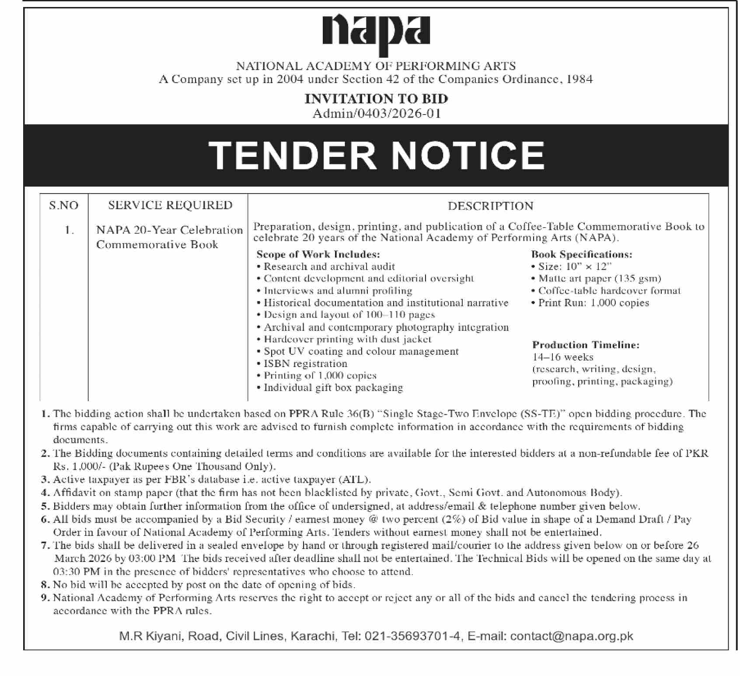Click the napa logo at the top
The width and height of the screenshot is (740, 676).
(x=376, y=33)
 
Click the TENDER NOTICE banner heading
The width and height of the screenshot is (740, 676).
(x=376, y=156)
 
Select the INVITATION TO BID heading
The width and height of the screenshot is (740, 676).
(x=376, y=99)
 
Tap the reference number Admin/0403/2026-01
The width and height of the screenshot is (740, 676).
(x=376, y=114)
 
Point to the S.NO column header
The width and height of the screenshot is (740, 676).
(x=64, y=205)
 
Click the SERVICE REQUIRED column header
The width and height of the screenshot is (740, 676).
(x=170, y=205)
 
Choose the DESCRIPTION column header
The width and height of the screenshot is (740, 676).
(x=490, y=206)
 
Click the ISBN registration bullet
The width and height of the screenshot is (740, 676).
(x=305, y=364)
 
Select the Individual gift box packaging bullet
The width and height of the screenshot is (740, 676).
(x=333, y=388)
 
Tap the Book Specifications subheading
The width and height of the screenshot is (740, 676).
(x=582, y=254)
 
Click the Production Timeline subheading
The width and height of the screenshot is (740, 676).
(x=586, y=345)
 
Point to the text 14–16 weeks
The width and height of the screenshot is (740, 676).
(x=562, y=357)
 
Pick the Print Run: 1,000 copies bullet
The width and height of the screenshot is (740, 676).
(x=593, y=303)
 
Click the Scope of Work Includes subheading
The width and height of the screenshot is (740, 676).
(x=318, y=254)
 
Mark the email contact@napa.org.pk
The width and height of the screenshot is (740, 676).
(x=572, y=636)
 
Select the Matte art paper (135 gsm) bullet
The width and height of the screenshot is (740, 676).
(x=599, y=278)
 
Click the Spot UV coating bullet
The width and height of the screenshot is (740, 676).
(x=361, y=351)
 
